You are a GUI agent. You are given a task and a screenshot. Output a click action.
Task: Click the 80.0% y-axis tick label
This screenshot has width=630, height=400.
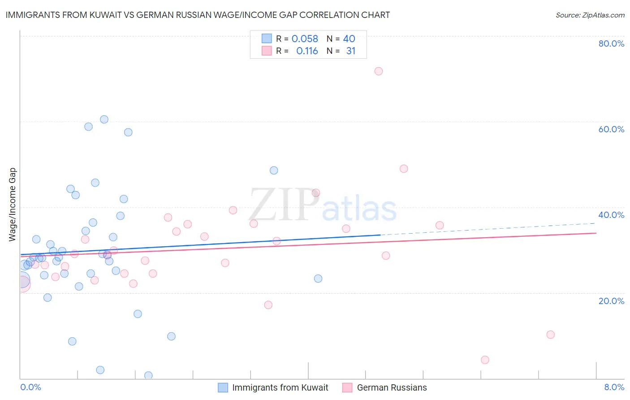point(611,43)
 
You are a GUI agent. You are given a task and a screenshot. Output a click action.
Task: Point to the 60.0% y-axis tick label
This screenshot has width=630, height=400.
point(611,129)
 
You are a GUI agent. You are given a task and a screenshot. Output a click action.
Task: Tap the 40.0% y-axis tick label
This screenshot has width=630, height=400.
point(611,215)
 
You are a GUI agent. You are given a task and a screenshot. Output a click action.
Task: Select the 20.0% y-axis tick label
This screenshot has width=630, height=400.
point(611,301)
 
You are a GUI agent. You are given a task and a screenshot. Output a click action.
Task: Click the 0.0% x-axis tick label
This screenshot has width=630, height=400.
point(30,387)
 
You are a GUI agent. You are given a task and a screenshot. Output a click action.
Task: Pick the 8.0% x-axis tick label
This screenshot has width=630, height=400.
point(614,387)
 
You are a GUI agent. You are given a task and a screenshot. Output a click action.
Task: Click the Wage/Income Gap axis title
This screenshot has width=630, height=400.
point(13,204)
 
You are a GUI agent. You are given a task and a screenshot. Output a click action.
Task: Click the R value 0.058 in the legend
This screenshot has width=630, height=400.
point(305,39)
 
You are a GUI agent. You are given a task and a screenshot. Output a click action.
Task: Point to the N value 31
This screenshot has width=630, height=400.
point(350,51)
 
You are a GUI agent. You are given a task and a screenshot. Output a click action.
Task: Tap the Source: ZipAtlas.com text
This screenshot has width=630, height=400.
point(590,15)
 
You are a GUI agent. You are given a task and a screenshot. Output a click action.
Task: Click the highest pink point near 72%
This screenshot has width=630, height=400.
point(379,71)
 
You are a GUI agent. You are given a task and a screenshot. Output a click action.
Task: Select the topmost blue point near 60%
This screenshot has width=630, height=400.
point(104,119)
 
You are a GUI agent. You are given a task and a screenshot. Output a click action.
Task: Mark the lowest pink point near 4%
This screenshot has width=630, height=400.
point(485,360)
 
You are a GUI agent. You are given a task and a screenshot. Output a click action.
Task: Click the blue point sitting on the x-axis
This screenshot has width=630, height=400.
point(148,375)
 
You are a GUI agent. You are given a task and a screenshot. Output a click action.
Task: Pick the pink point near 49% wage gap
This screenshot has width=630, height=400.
point(404,169)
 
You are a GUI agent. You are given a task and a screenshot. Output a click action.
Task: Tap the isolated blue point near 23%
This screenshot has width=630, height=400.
point(318,278)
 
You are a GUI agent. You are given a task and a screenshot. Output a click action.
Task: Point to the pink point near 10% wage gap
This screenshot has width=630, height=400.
point(551,335)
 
